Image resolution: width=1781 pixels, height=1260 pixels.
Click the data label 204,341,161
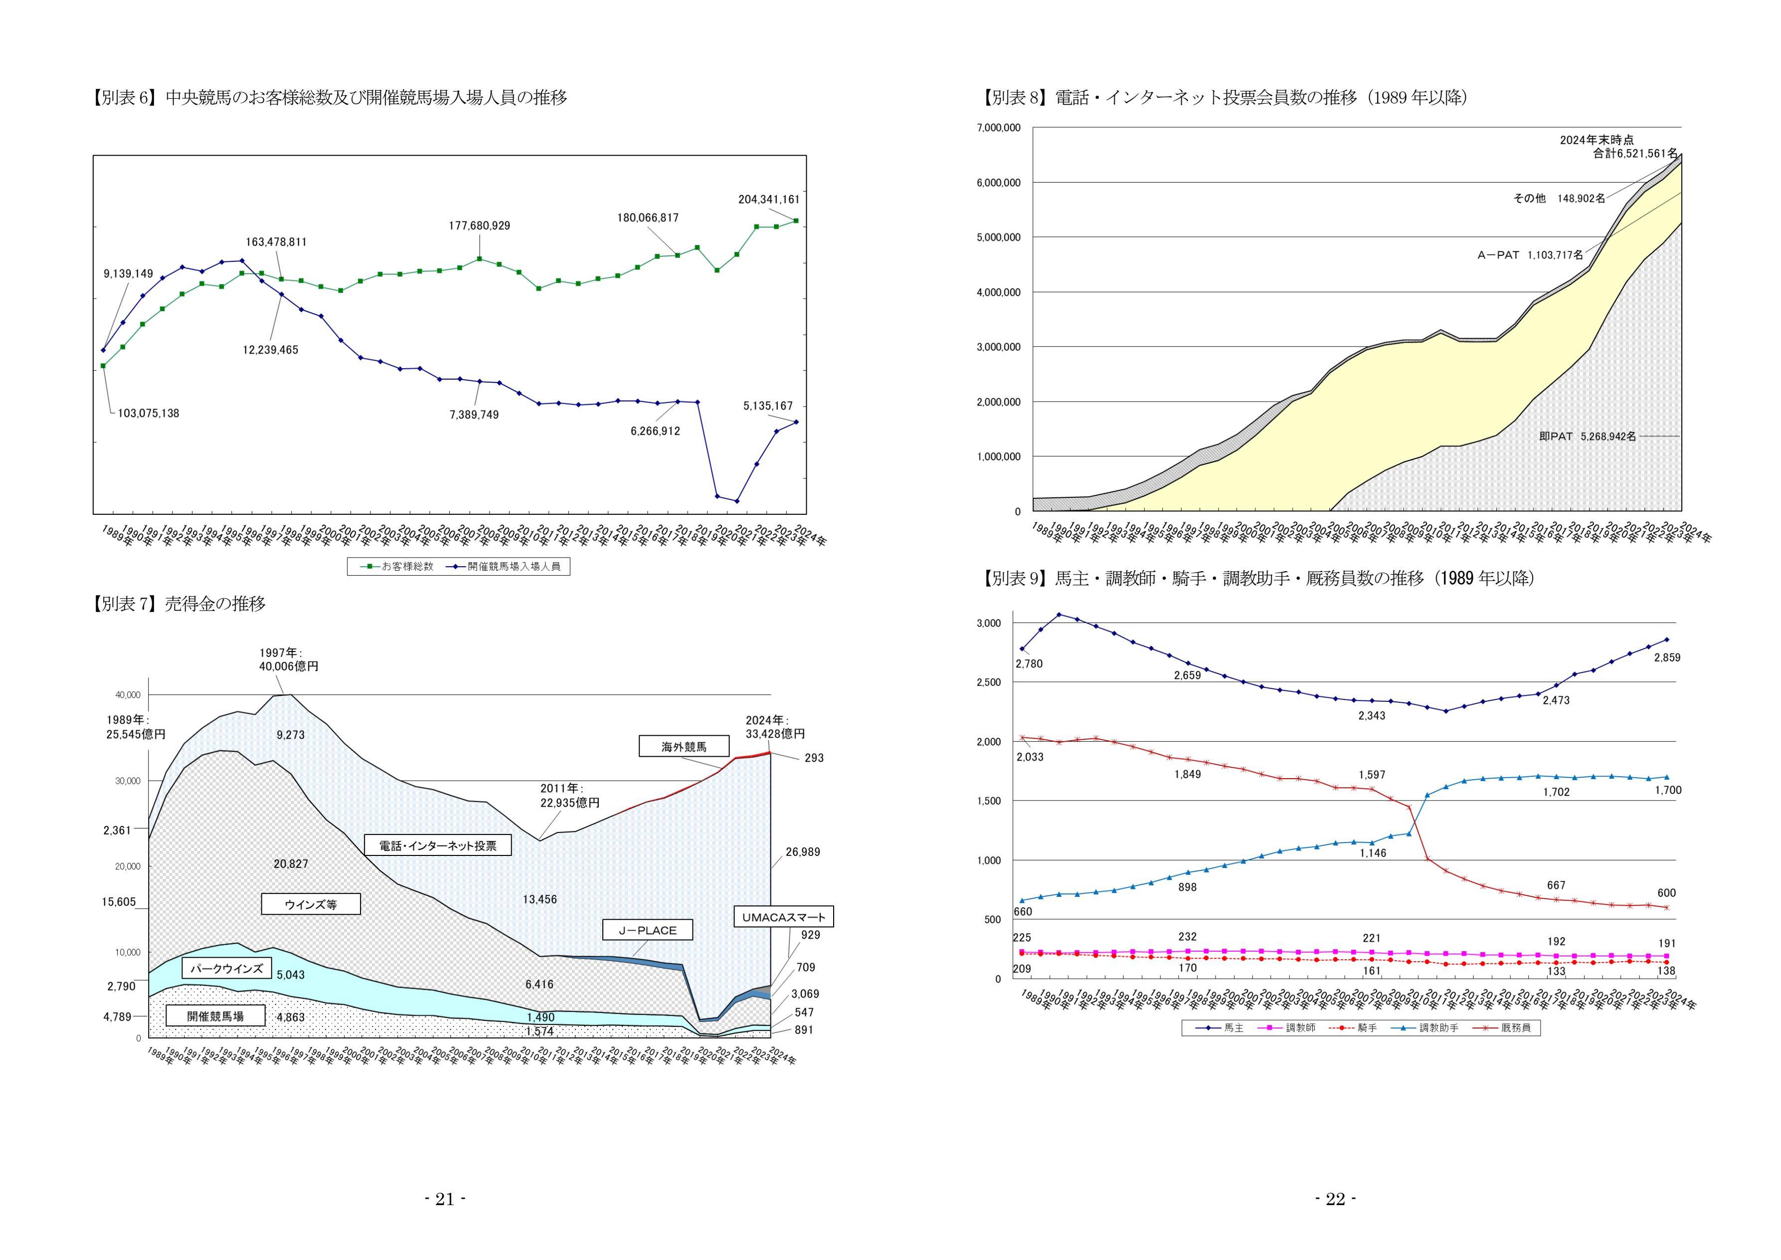769,200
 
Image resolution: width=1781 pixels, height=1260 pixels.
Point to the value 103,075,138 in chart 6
148,414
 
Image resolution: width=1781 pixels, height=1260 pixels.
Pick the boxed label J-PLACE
647,930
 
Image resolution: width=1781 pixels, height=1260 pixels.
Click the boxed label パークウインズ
226,968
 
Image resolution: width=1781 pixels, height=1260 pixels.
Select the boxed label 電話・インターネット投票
437,845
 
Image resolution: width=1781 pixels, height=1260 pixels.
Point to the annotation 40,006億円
289,666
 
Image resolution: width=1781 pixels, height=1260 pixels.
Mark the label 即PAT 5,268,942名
1587,437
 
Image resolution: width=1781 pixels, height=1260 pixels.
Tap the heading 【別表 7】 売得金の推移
179,604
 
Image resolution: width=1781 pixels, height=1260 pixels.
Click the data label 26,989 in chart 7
802,852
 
